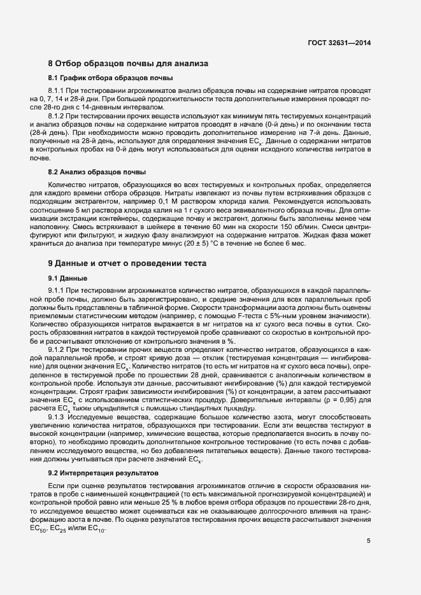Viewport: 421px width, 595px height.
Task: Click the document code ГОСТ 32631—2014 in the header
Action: [x=338, y=43]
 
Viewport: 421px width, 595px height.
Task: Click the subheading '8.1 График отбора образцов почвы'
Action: [x=111, y=78]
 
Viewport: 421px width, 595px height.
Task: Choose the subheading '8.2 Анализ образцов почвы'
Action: [x=97, y=172]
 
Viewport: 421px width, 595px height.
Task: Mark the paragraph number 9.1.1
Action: [x=59, y=290]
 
